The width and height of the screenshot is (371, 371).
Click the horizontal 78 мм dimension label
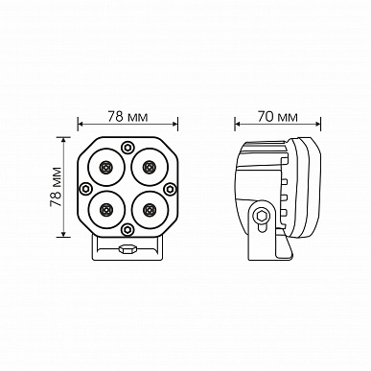click(128, 116)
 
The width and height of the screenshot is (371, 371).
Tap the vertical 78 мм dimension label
click(56, 187)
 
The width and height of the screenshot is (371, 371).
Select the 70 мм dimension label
click(277, 117)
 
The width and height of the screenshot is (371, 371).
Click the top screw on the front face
click(128, 148)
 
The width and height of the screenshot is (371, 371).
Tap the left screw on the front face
click(85, 189)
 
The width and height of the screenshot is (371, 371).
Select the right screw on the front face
click(170, 189)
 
